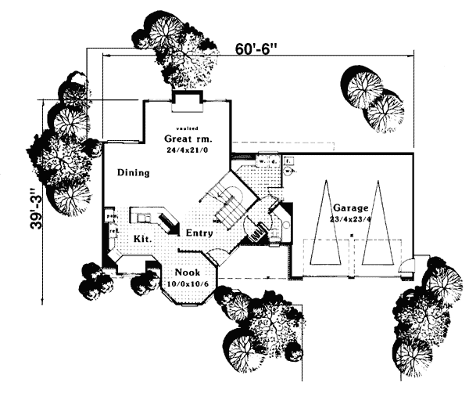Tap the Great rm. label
click(187, 139)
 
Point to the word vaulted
click(187, 128)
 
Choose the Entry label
click(199, 233)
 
